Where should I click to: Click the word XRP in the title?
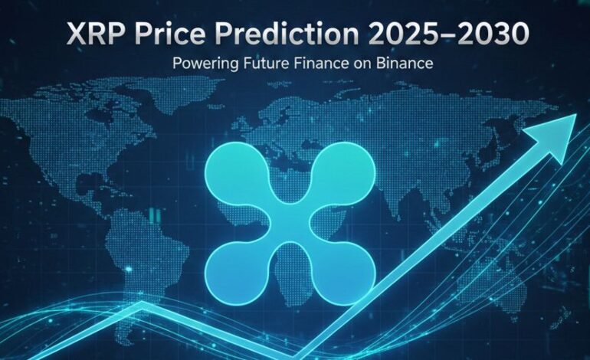tap(93, 35)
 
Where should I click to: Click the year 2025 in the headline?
tap(398, 35)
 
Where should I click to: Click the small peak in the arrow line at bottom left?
tap(143, 305)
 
